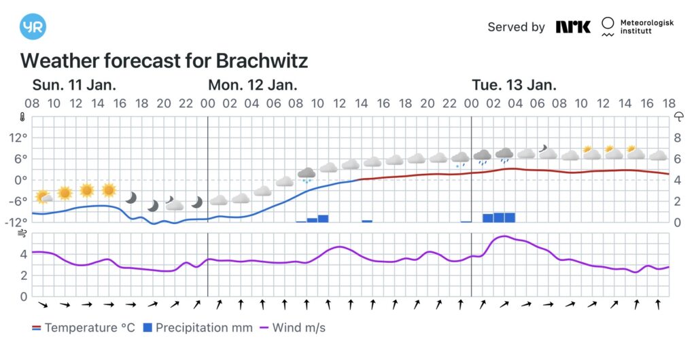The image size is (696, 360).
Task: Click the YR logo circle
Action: [x=33, y=26]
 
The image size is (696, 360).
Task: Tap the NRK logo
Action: [x=573, y=27]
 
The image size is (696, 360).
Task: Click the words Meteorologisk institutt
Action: [x=646, y=26]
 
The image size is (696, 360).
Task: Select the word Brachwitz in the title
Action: [x=262, y=60]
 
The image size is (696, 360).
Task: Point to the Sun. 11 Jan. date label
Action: [x=74, y=85]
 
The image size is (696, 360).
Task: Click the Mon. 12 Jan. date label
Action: [x=252, y=85]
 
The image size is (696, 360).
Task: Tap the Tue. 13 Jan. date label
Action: [x=514, y=85]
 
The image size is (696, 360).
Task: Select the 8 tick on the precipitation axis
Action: [x=677, y=137]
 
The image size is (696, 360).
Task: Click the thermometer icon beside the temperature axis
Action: [x=22, y=116]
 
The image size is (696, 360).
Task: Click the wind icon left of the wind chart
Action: [x=22, y=234]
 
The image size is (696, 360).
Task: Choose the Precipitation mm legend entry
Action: [x=196, y=328]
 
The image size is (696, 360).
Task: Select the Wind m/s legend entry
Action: [x=292, y=328]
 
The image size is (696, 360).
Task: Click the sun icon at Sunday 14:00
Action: [x=86, y=190]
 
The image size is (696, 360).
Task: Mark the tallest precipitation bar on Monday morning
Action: [x=323, y=218]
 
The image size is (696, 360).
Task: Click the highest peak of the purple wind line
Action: [x=503, y=236]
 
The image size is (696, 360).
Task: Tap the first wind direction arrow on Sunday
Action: [x=43, y=305]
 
